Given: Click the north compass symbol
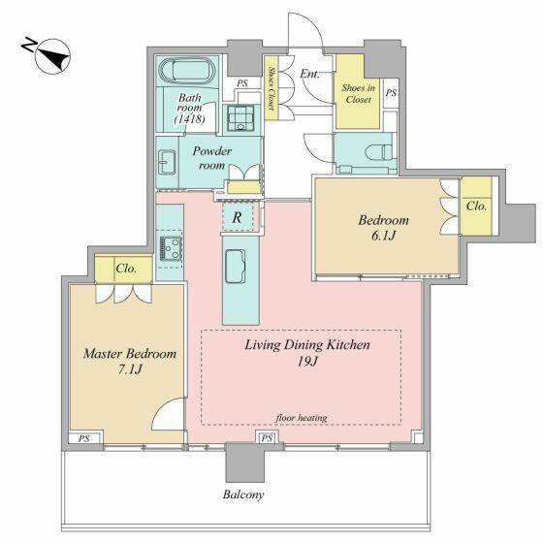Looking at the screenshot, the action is [52, 56].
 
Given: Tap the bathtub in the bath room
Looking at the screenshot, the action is [186, 71].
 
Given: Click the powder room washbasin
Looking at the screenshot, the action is [167, 163].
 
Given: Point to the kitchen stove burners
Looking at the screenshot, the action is [171, 248].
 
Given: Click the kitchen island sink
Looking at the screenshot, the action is [236, 267].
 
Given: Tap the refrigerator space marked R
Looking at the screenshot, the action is [239, 217].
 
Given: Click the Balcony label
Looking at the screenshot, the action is [243, 495].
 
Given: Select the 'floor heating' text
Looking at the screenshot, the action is [302, 418].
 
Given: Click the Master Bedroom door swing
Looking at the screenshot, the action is [168, 413].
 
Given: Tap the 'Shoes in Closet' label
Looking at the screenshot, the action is [359, 93].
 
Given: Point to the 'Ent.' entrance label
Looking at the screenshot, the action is [309, 74].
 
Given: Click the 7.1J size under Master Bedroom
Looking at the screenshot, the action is [130, 369].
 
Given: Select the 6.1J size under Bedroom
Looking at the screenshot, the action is [383, 236].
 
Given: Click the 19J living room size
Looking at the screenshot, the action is [307, 361].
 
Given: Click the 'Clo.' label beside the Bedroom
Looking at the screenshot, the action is [476, 206].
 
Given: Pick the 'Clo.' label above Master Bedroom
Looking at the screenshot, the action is [126, 269].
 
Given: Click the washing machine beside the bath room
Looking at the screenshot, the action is [240, 117].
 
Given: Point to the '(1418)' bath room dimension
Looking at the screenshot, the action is [189, 119].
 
